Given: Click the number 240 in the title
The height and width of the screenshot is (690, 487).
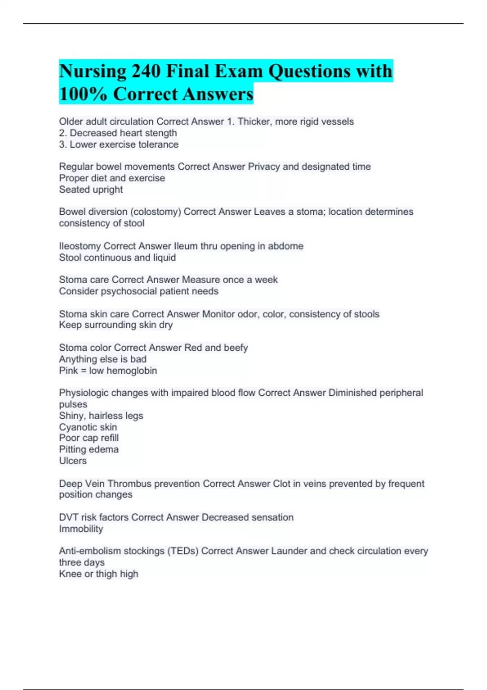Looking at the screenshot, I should click(146, 71).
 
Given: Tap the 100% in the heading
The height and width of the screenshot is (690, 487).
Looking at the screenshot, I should click(83, 94).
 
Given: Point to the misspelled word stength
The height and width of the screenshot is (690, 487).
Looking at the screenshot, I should click(161, 133).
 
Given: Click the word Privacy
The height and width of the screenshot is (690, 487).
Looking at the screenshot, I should click(264, 166).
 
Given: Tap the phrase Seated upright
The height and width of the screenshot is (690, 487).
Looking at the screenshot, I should click(91, 190).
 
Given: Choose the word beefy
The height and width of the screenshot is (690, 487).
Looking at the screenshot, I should click(236, 348).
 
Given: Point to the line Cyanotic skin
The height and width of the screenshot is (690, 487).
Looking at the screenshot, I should click(88, 427).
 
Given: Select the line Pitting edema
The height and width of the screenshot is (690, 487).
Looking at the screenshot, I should click(89, 449).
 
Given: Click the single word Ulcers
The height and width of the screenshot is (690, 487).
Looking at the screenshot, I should click(73, 461).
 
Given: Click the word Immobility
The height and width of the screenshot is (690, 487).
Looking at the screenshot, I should click(81, 529).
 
